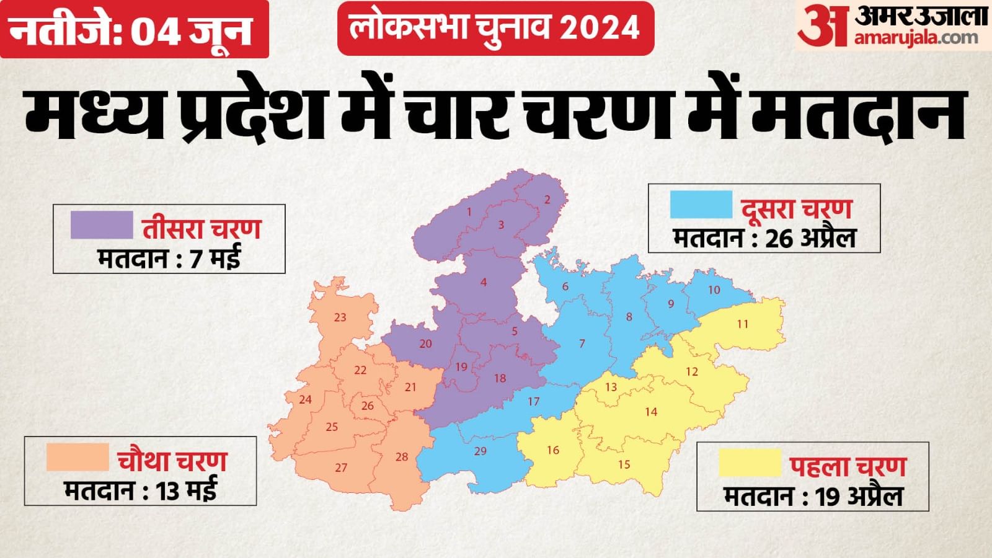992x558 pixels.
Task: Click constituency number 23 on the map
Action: (340, 317)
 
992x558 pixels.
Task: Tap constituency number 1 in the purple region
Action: (469, 212)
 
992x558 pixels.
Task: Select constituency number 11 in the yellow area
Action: (743, 324)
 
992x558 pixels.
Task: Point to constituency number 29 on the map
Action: (480, 451)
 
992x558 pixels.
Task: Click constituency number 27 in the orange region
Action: (341, 467)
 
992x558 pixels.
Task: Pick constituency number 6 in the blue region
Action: (565, 286)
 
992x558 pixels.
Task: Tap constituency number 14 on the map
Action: (650, 412)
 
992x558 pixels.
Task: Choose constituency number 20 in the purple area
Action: (425, 343)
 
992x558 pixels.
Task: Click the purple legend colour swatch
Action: (102, 224)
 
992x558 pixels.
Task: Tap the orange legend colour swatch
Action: (77, 457)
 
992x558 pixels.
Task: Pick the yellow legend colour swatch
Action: (750, 463)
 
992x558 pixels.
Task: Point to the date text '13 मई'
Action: (186, 492)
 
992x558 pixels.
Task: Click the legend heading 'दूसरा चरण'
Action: (797, 209)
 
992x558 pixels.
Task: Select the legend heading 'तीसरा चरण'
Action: (201, 229)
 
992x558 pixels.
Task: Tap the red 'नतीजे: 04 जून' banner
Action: (133, 29)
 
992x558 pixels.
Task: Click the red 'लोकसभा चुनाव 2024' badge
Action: (495, 28)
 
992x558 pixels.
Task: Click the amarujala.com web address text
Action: (916, 38)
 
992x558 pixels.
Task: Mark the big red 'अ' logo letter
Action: (821, 26)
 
